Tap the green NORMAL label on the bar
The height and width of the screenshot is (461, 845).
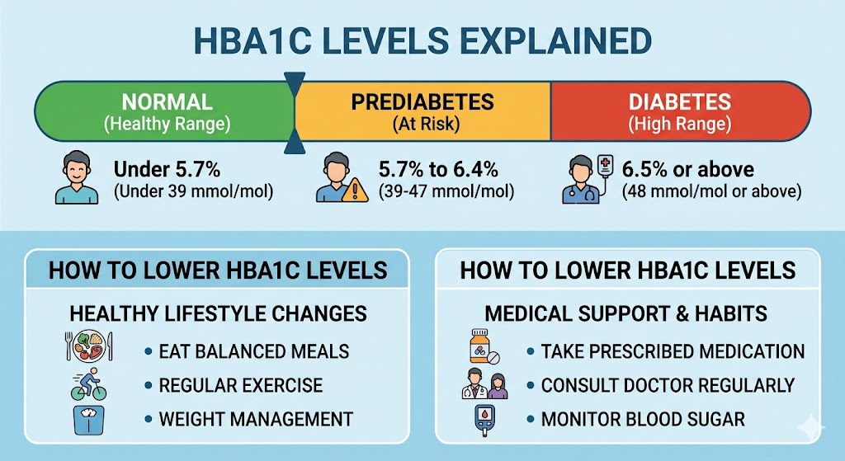(x=167, y=102)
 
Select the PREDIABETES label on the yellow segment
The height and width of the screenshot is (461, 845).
(x=422, y=102)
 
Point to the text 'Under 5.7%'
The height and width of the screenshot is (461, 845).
(x=167, y=170)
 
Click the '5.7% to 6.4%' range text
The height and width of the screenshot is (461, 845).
(x=438, y=170)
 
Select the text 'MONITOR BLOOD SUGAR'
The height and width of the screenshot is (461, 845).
(x=643, y=420)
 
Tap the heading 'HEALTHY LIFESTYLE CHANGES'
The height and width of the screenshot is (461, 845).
(x=218, y=314)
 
